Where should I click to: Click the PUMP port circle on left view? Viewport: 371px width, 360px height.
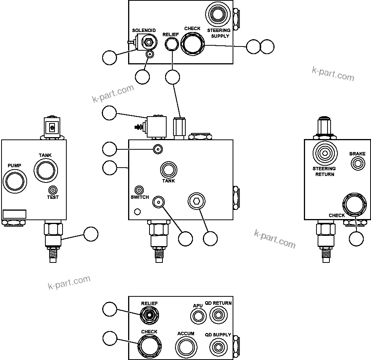(14, 180)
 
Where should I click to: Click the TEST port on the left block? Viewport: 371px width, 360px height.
(53, 190)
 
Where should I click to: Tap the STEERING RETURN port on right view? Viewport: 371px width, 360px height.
(324, 153)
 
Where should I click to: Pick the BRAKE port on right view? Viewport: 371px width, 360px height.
(357, 164)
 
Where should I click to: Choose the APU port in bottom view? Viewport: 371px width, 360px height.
(198, 316)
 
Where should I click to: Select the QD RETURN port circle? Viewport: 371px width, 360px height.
(218, 315)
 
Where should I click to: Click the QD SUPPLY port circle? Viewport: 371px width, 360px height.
(218, 347)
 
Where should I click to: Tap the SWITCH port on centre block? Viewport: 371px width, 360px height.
(140, 190)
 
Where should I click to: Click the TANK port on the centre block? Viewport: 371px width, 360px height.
(168, 169)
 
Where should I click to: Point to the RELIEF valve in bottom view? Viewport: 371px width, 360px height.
(149, 315)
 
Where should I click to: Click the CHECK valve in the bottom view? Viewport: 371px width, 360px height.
(149, 345)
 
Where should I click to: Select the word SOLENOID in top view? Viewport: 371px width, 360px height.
(144, 30)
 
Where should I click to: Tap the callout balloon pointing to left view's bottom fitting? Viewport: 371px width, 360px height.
(91, 234)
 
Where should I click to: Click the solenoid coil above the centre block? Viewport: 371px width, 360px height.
(156, 127)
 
